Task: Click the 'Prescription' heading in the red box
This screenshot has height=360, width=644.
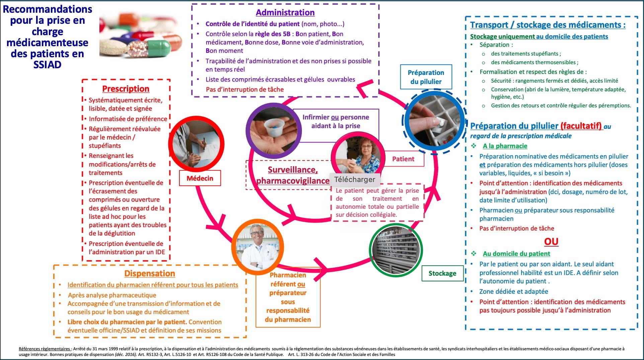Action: click(126, 89)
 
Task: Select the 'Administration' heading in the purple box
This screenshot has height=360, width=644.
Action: click(285, 13)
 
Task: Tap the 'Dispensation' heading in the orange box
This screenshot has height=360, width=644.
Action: click(150, 274)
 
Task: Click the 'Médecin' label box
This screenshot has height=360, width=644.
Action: click(200, 178)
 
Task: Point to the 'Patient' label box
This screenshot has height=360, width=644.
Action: click(403, 159)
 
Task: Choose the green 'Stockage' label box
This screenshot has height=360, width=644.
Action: click(442, 273)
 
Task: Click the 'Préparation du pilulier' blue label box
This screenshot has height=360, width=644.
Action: click(426, 77)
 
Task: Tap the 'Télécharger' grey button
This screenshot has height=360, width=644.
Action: click(355, 180)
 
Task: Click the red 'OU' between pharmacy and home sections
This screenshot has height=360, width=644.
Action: click(551, 242)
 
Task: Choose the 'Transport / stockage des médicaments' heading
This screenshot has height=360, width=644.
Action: click(548, 25)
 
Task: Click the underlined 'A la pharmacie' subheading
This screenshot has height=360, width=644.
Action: click(505, 146)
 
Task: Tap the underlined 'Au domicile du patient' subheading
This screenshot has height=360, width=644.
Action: click(516, 254)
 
